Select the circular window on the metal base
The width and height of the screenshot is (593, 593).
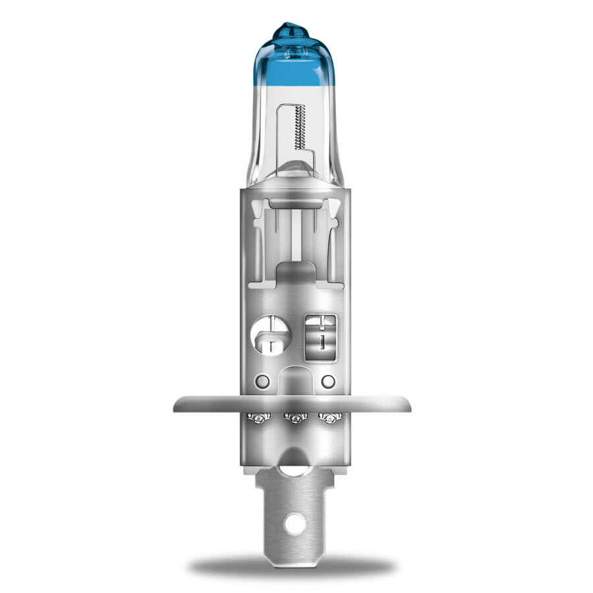coord(271,335)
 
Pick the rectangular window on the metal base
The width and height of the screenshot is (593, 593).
coord(322,337)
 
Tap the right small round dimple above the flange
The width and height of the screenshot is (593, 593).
coord(327,381)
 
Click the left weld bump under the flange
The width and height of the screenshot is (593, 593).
coord(258,418)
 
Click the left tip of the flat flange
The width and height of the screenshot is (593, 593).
coord(176,404)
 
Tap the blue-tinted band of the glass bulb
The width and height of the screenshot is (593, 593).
coord(296,63)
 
